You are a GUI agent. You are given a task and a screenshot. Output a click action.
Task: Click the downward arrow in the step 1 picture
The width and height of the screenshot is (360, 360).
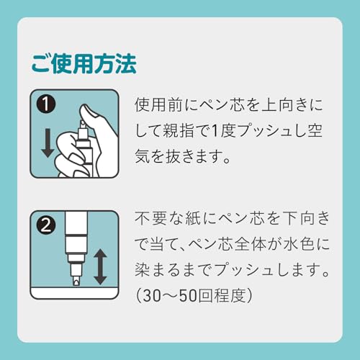pyautogui.click(x=47, y=142)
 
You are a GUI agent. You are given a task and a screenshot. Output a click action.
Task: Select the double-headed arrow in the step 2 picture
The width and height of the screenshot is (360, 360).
pyautogui.click(x=100, y=266)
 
